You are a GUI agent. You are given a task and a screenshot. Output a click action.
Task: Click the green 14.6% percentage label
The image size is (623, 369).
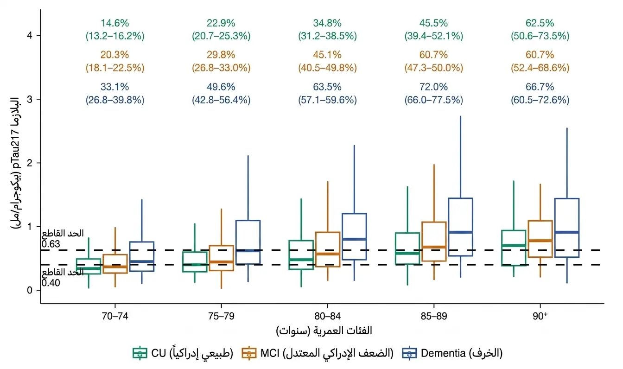tap(114, 23)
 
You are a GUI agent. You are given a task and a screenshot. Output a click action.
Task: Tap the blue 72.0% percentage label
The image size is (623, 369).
tap(433, 87)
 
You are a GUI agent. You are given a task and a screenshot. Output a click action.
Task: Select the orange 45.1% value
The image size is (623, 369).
tap(327, 55)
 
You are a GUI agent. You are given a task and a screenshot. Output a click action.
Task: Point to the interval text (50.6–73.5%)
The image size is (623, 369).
tap(540, 36)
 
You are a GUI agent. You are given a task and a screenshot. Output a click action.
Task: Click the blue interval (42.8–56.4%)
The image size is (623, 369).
tap(221, 100)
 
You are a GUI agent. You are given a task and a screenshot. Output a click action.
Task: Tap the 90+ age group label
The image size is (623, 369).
tap(540, 316)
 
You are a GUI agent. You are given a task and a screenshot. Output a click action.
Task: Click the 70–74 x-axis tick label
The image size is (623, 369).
tap(115, 316)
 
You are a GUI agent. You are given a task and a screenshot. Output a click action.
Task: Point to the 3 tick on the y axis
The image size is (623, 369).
tap(30, 99)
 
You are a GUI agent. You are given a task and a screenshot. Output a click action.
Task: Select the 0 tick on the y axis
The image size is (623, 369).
tap(30, 290)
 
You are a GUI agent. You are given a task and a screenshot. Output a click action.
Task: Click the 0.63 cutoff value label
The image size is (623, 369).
tap(51, 244)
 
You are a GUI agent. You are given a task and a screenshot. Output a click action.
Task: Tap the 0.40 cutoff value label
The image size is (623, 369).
tap(51, 283)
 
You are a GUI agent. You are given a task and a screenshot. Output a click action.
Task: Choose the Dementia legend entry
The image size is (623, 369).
tap(452, 353)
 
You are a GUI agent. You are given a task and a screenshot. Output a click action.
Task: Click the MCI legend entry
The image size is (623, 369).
tap(318, 353)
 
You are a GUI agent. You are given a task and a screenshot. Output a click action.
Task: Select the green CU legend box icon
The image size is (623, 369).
tap(140, 353)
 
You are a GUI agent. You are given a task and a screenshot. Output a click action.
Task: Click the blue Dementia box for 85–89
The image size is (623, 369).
tap(460, 227)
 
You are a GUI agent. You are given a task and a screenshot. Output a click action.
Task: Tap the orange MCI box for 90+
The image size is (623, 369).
tap(540, 239)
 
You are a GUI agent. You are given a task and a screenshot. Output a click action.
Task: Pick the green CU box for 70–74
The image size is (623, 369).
tap(89, 267)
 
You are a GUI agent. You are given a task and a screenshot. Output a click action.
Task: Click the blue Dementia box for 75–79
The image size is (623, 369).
tap(248, 242)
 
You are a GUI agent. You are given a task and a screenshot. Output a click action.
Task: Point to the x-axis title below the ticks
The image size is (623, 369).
tap(324, 331)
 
